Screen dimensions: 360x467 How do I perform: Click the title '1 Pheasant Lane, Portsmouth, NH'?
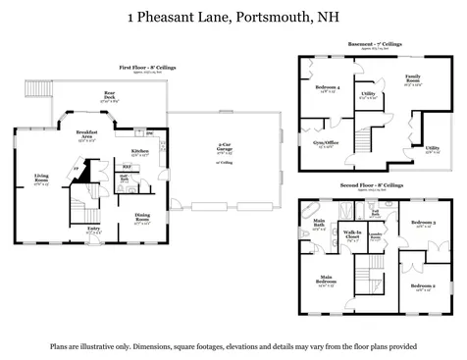233,16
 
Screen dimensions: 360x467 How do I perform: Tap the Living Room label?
40,180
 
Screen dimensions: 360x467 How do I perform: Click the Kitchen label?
140,152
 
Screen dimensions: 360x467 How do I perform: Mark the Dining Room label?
142,218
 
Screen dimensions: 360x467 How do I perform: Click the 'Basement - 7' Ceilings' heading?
374,44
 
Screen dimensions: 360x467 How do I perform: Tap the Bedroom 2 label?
423,287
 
